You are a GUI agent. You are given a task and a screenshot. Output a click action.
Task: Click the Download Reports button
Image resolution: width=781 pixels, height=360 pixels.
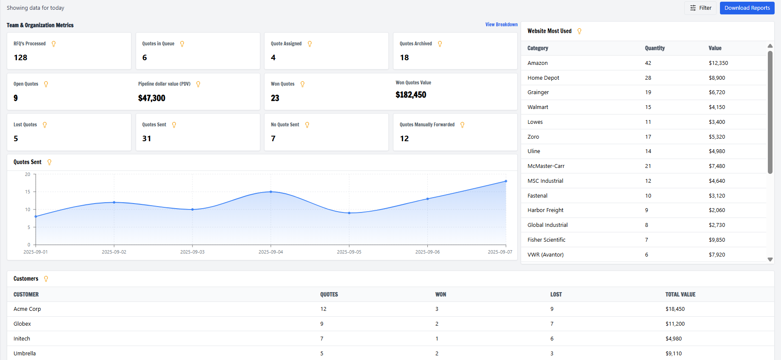point(747,8)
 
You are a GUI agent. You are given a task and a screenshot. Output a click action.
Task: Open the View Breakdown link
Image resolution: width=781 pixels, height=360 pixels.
point(501,25)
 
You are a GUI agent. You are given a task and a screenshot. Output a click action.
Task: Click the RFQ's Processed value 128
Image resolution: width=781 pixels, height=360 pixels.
point(20,58)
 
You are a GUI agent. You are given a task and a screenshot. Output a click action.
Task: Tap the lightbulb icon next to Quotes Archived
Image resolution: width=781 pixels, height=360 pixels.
point(440,44)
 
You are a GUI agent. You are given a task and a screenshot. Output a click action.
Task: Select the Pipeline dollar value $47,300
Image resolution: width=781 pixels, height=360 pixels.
point(151,98)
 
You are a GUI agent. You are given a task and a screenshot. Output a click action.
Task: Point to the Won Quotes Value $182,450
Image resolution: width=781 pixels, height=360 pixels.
point(410,95)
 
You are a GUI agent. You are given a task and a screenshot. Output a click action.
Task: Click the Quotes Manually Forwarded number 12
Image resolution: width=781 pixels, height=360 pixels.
point(404,139)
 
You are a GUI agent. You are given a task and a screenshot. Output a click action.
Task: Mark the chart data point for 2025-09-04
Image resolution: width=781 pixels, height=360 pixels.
point(271,192)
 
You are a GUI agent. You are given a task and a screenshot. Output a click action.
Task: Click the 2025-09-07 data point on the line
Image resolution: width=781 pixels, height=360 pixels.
point(506,181)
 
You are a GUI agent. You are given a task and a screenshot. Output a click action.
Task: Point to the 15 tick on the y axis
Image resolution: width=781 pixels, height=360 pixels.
point(28,192)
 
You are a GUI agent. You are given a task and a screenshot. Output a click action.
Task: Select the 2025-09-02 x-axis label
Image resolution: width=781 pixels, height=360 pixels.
point(114,252)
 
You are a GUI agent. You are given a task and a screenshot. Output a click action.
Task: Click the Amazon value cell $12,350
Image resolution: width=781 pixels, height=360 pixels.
point(718,63)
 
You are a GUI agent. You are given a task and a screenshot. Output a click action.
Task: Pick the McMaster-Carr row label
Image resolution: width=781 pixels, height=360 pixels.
point(546,166)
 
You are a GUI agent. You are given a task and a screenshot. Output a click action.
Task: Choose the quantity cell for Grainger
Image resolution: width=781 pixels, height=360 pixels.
point(648,92)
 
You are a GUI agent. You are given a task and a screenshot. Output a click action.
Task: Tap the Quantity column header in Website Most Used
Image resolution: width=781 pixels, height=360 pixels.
point(655,48)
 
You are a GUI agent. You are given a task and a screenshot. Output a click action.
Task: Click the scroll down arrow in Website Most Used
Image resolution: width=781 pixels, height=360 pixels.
point(770,260)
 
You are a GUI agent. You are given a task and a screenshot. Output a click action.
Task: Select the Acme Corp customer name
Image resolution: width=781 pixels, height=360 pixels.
point(27,309)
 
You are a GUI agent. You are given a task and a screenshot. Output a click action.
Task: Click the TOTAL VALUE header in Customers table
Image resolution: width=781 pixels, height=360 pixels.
point(680,295)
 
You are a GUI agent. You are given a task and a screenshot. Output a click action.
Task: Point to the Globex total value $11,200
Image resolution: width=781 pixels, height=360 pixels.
point(675,324)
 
